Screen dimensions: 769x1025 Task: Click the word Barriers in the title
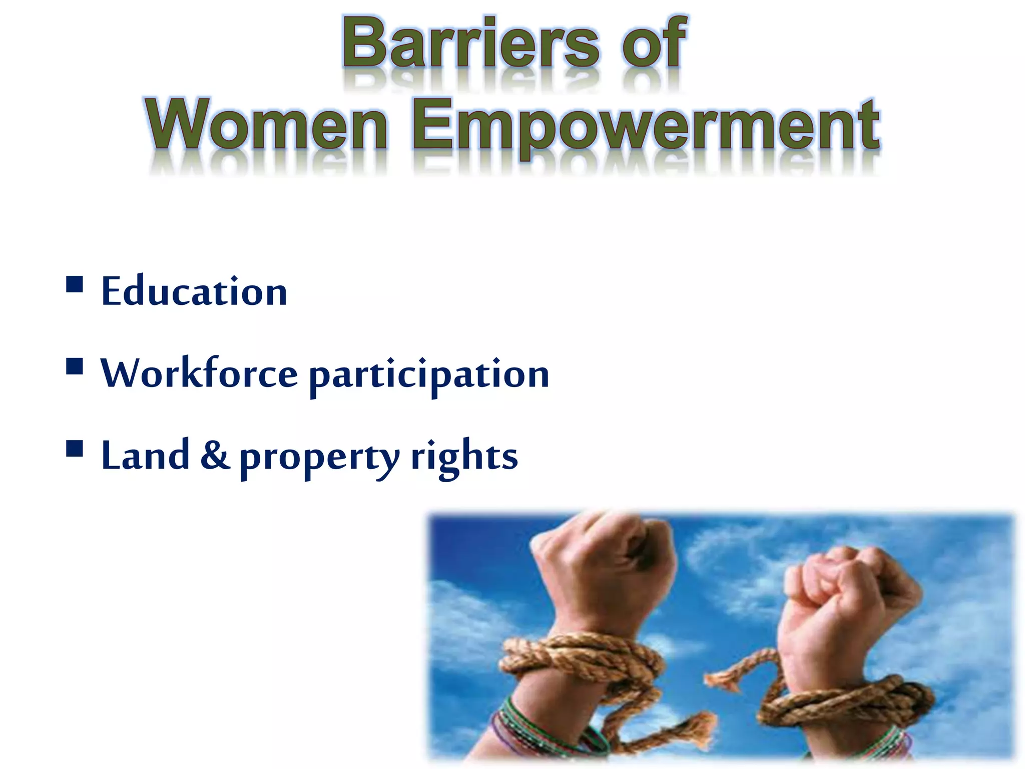[x=470, y=44]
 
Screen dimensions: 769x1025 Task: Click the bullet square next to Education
[x=75, y=284]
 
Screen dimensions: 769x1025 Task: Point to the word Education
[x=194, y=291]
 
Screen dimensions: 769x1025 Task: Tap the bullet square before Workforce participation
[x=75, y=366]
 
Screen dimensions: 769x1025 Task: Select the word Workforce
[x=199, y=373]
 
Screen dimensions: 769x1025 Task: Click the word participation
[x=429, y=375]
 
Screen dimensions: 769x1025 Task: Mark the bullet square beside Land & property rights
[x=75, y=449]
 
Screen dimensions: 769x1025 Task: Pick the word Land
[x=145, y=456]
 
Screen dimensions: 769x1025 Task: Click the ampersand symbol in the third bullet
[x=215, y=456]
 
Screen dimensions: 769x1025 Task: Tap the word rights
[x=464, y=457]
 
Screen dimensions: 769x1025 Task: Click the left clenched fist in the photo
[x=606, y=556]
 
